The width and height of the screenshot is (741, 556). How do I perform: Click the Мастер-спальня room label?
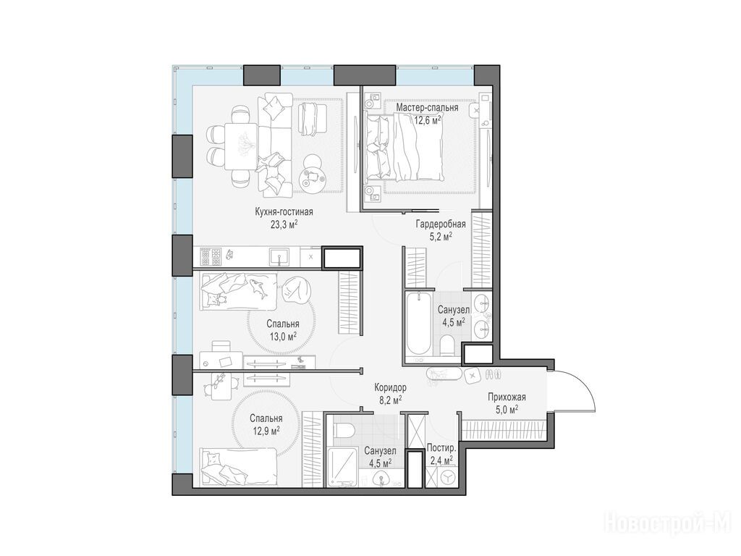point(427,108)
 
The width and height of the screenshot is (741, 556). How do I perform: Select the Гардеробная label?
point(441,224)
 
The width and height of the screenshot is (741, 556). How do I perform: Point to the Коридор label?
point(390,388)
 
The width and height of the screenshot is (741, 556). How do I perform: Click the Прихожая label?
point(507,397)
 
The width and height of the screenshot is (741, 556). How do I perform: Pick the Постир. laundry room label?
point(441,447)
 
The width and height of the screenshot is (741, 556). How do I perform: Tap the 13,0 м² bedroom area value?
point(283,336)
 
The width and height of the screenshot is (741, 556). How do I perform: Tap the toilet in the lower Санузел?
point(344,430)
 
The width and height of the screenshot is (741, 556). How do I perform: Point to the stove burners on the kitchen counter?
point(211,257)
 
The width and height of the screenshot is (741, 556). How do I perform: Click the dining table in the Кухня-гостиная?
point(242,146)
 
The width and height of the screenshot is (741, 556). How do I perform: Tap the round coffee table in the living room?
point(313,174)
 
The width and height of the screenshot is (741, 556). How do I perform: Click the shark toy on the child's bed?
point(259,288)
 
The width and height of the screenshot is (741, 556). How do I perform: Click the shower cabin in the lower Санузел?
point(344,467)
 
